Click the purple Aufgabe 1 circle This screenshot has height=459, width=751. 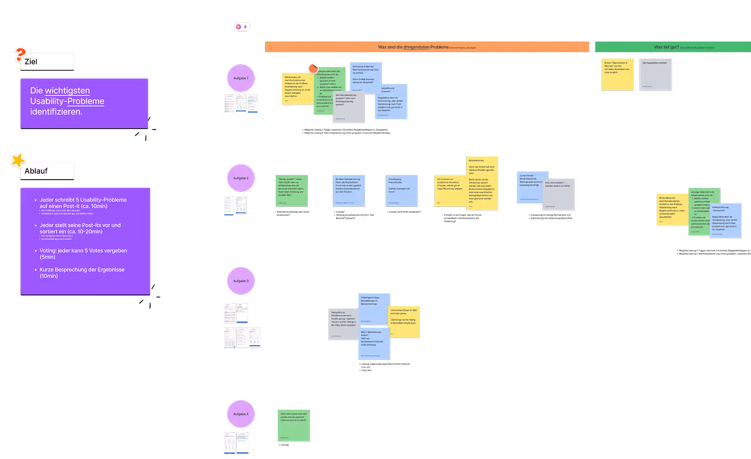tap(241, 78)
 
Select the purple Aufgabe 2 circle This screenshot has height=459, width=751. tap(241, 178)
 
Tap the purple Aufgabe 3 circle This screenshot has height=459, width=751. tap(241, 281)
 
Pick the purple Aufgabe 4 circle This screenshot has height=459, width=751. tap(241, 414)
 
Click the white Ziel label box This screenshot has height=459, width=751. tap(47, 62)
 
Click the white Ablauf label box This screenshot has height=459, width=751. tap(47, 171)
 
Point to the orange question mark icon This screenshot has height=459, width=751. tap(20, 54)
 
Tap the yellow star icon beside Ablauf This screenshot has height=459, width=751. tap(18, 160)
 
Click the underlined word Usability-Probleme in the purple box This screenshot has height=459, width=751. tap(67, 101)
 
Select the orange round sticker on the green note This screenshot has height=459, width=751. tap(313, 68)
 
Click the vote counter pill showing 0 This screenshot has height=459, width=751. tap(242, 27)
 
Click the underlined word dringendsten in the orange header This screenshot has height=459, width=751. tap(416, 47)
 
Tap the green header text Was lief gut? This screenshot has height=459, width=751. tap(666, 47)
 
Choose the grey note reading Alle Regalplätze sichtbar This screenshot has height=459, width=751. tap(656, 74)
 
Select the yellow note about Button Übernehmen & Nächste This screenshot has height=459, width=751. tap(618, 74)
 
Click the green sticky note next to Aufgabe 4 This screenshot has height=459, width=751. tap(293, 425)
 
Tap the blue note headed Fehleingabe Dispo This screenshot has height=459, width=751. tap(374, 308)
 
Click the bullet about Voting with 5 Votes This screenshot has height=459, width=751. tap(83, 253)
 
